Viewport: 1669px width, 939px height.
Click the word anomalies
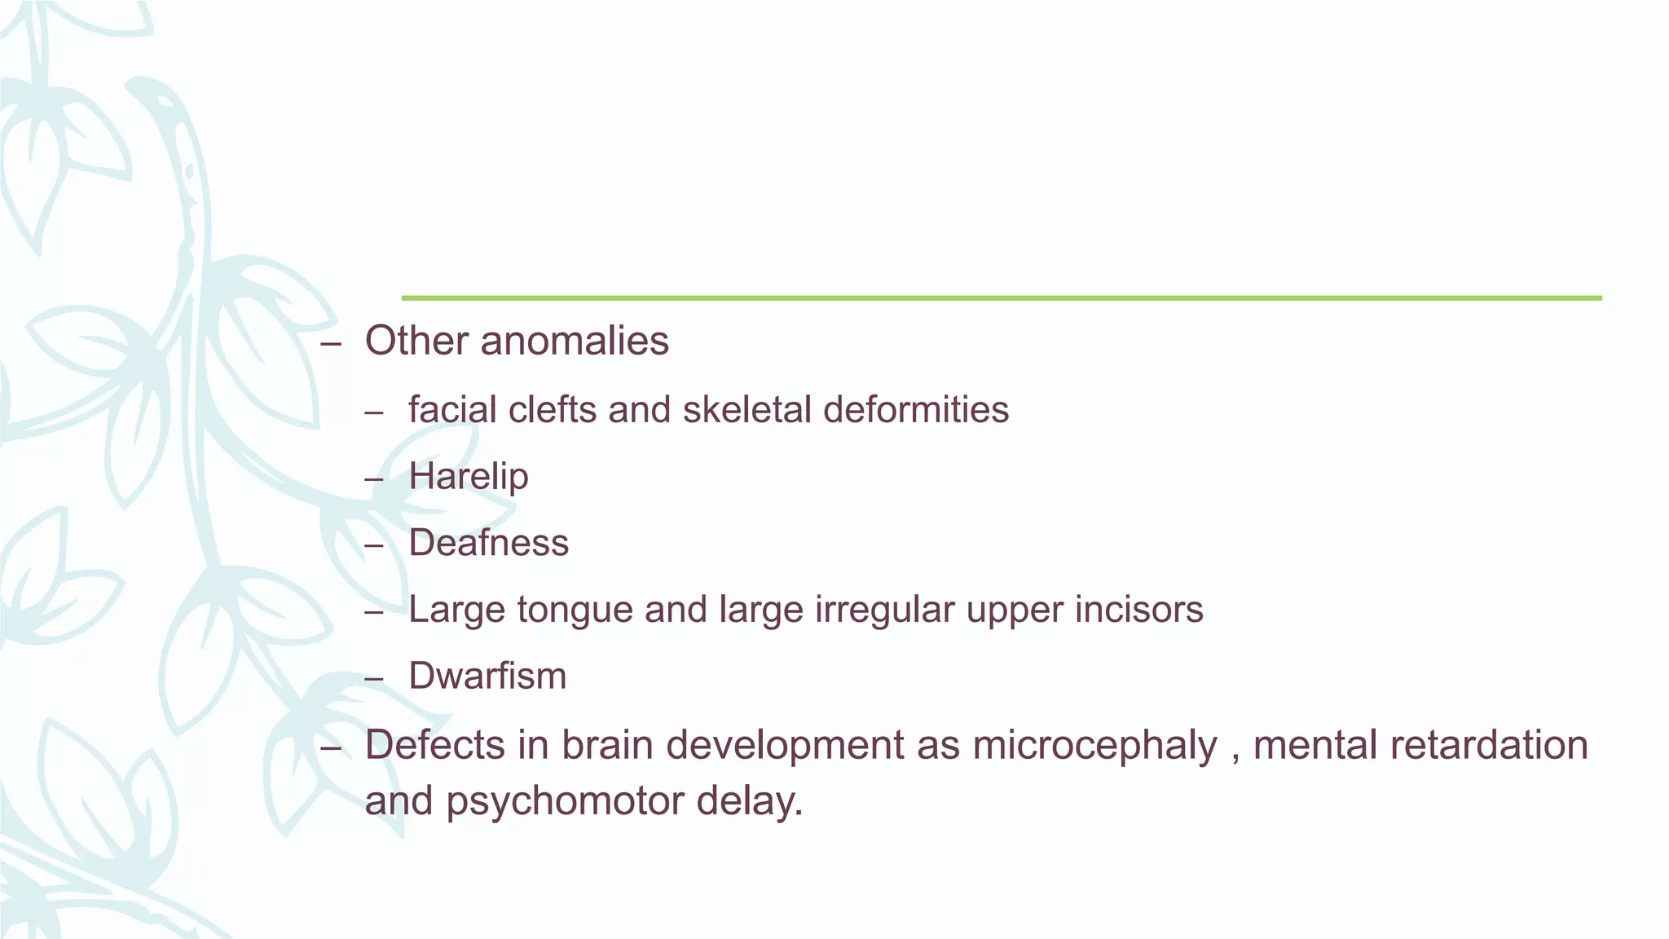tap(575, 341)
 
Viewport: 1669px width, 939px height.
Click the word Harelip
tap(469, 477)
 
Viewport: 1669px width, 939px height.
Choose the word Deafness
tap(488, 543)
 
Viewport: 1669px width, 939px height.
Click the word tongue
tap(575, 610)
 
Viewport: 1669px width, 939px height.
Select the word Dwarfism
tap(487, 677)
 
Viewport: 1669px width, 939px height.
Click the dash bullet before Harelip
tap(374, 479)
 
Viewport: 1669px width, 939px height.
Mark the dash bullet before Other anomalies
tap(331, 344)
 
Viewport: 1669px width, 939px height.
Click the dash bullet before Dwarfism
tap(374, 679)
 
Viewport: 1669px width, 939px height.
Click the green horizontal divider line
tap(1002, 298)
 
